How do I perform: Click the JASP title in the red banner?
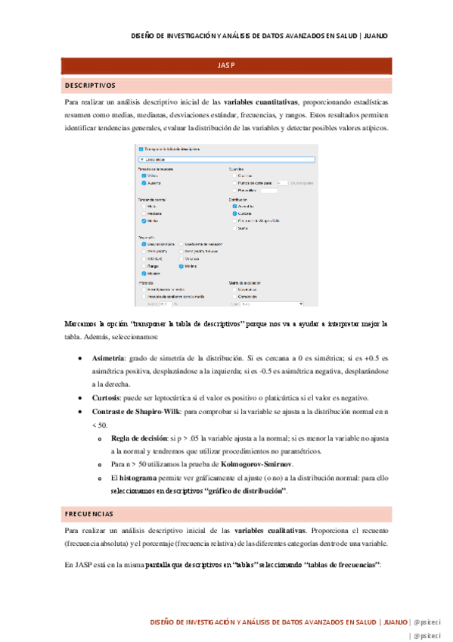226,67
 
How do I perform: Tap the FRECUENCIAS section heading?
88,515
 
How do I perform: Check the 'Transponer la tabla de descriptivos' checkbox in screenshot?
140,149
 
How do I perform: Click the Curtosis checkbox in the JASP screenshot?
235,213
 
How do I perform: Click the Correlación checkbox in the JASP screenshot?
235,296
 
